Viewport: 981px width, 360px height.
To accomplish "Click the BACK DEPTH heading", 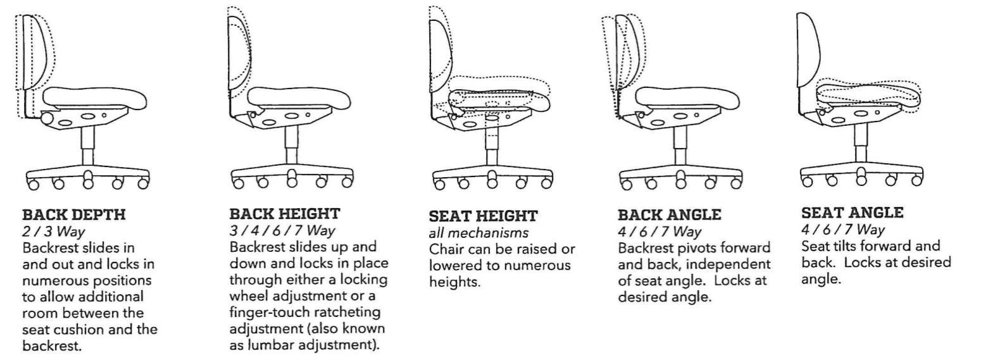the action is (74, 214).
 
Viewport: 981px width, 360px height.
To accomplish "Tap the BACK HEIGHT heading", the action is (285, 214).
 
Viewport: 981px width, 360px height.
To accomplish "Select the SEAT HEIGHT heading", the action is (483, 216).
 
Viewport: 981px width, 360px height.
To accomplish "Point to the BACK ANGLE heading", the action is (669, 214).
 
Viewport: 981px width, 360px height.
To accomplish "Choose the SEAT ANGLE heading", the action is (853, 213).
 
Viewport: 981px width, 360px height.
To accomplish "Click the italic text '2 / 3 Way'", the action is (53, 231).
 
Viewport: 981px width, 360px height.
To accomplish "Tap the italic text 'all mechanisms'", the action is (478, 233).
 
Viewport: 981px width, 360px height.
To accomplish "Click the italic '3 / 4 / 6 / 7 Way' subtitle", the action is (282, 230).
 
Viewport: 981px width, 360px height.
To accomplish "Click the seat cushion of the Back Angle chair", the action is (687, 99).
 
